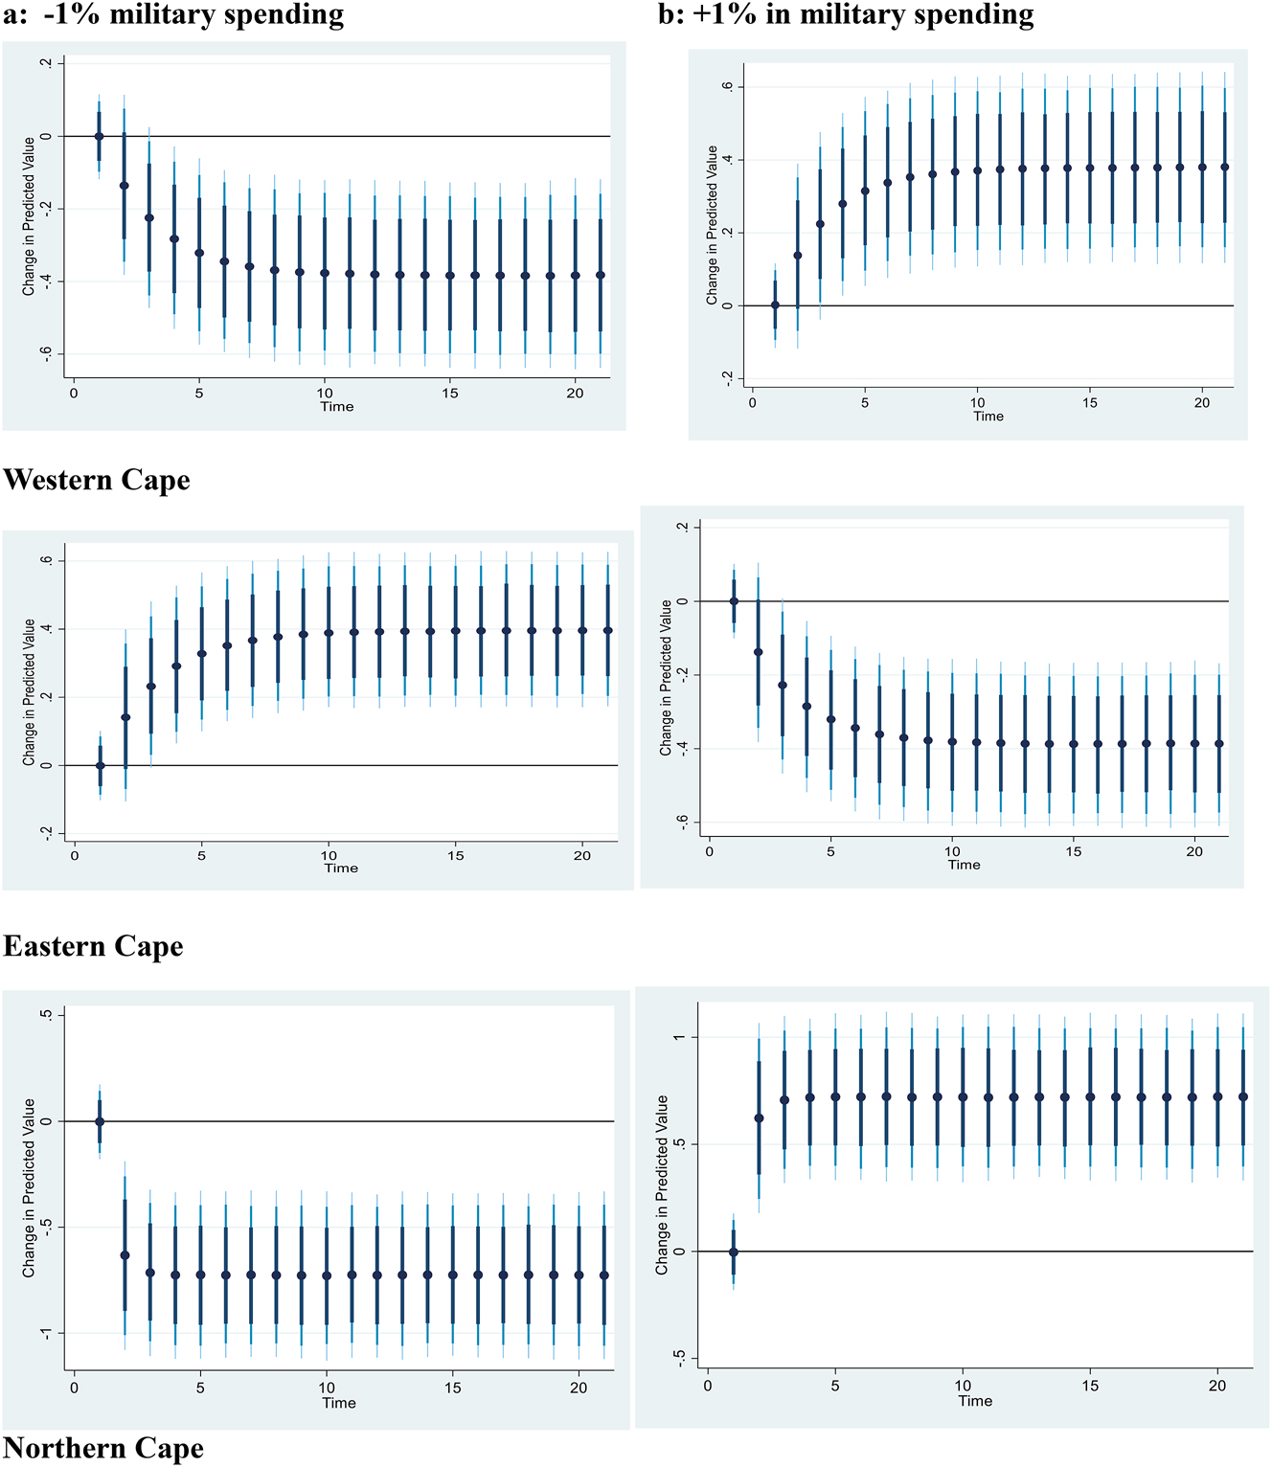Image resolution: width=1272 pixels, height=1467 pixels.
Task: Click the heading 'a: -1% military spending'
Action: pos(173,15)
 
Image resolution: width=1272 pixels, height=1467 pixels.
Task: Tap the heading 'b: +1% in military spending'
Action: pos(846,15)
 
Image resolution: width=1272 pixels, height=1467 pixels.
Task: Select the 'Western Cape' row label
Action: pos(97,480)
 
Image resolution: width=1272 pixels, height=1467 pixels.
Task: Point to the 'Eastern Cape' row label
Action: pos(93,946)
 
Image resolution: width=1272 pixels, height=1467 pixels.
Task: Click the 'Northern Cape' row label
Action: pos(103,1448)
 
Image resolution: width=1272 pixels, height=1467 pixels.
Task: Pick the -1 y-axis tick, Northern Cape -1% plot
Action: pos(46,1334)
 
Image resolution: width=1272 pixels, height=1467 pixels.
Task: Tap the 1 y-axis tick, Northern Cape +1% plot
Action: pos(680,1037)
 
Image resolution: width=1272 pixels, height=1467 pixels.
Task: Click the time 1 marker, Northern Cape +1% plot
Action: pos(734,1252)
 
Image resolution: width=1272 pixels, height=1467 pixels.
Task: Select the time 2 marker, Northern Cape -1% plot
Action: pos(125,1254)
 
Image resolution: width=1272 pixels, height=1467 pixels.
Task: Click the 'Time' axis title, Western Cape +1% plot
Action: pos(988,417)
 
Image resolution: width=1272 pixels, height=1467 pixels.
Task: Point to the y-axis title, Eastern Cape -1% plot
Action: pos(29,692)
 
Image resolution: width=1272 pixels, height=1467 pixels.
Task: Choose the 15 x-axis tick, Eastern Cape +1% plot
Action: pos(1074,851)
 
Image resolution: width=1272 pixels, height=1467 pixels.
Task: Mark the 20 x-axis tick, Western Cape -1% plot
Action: pos(575,394)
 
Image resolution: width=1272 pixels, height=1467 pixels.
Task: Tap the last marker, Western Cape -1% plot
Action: pos(601,275)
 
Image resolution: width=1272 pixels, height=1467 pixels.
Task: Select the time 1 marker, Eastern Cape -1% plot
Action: pos(100,765)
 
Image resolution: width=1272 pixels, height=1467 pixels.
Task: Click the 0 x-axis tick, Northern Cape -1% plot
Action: pos(74,1388)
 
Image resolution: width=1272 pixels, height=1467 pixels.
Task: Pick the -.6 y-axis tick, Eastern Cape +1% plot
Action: pos(683,822)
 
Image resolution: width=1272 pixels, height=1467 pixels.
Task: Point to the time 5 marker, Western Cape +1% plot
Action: pos(865,191)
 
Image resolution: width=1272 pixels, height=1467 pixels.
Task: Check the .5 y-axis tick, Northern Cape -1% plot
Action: pos(46,1015)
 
